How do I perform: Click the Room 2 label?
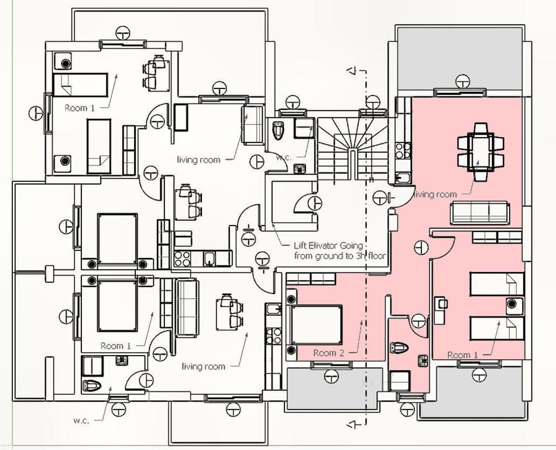pos(324,353)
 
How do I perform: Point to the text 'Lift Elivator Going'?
pos(321,246)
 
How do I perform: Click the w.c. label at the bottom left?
pos(81,420)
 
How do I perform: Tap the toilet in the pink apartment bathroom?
pos(400,347)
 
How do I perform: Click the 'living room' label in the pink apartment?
pos(435,195)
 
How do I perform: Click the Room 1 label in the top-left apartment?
pos(80,108)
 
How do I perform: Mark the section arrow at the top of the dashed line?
pos(352,71)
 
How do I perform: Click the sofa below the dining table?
pos(479,212)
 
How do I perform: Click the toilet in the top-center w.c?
pos(279,130)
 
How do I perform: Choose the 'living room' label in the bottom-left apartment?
pos(203,366)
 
